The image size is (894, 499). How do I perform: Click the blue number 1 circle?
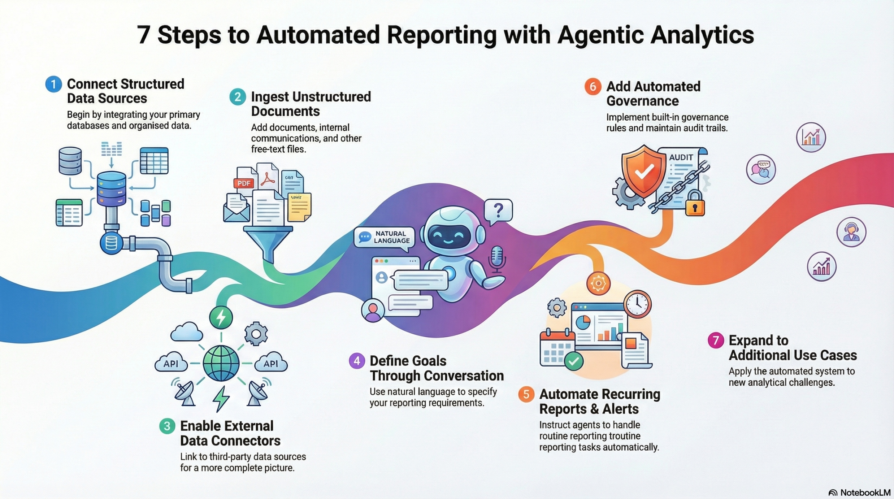tap(53, 84)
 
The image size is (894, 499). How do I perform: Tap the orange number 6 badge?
tap(593, 87)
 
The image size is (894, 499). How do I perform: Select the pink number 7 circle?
tap(716, 340)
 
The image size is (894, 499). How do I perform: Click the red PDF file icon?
tap(244, 183)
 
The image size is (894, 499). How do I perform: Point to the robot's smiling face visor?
tap(449, 237)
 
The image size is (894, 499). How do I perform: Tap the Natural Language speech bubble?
tap(385, 238)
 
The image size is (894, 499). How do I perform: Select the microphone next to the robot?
tap(497, 257)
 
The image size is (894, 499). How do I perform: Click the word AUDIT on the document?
tap(681, 157)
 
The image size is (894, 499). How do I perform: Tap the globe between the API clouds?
tap(221, 363)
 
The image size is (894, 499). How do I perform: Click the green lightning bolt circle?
tap(221, 317)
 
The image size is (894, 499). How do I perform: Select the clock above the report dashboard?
tap(637, 304)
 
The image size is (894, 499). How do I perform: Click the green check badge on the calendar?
tap(573, 361)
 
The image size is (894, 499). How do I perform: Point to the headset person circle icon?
tap(851, 232)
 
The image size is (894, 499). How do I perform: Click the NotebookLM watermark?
tap(859, 493)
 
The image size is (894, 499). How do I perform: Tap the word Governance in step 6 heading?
tap(642, 101)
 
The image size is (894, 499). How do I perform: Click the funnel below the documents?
tap(268, 240)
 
